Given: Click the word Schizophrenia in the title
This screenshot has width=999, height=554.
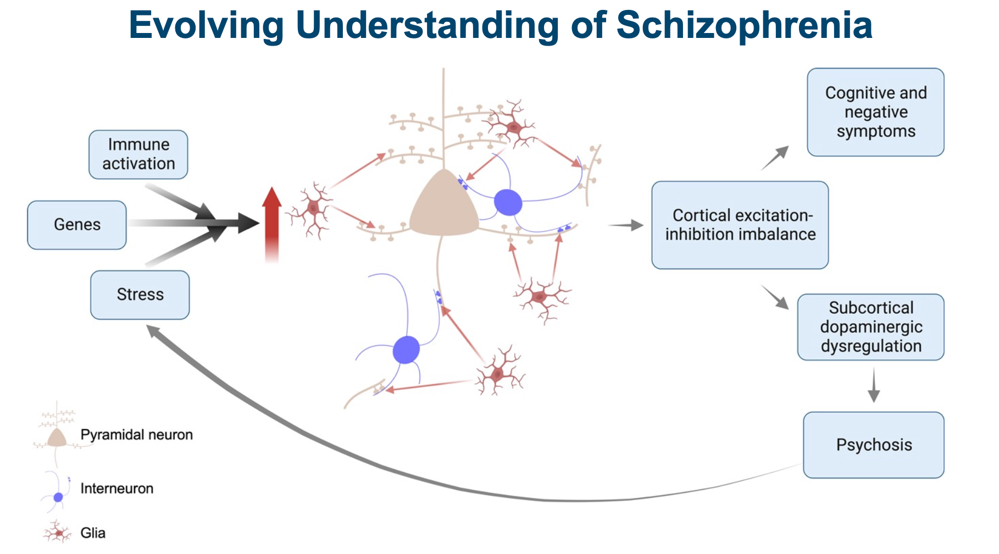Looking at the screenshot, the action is pyautogui.click(x=744, y=25).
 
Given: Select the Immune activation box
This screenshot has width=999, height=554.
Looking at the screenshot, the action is pyautogui.click(x=138, y=154).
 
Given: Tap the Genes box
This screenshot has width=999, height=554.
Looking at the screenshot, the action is pyautogui.click(x=77, y=225).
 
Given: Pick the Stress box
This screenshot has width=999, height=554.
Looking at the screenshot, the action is pyautogui.click(x=140, y=295).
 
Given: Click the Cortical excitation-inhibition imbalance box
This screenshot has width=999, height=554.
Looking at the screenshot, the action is pyautogui.click(x=740, y=225).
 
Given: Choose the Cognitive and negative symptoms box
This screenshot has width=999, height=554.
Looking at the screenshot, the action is pyautogui.click(x=876, y=112).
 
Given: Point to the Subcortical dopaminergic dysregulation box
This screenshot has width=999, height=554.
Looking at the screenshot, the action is pyautogui.click(x=871, y=327).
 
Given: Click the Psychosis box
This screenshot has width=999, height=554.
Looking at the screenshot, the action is pyautogui.click(x=874, y=445).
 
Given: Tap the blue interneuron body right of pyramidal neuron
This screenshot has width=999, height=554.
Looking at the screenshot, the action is pyautogui.click(x=508, y=202).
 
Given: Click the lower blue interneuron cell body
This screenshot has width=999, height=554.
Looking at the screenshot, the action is pyautogui.click(x=407, y=350).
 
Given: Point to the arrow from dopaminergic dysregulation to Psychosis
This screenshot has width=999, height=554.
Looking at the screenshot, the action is pyautogui.click(x=874, y=385).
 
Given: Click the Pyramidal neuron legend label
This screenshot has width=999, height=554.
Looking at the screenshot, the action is pyautogui.click(x=137, y=435).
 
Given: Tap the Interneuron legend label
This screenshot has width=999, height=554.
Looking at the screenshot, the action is pyautogui.click(x=117, y=489).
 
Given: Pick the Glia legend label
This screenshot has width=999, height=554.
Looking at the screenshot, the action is pyautogui.click(x=93, y=533).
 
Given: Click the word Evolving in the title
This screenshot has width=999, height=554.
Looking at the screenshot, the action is pyautogui.click(x=207, y=25).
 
